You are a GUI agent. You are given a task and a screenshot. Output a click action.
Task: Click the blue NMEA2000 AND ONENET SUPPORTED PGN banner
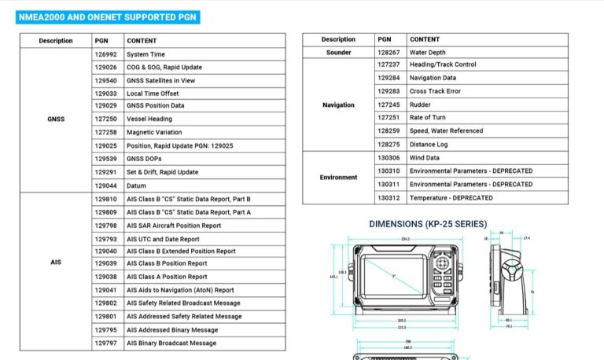coord(108,17)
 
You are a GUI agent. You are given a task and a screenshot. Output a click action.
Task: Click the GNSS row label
coord(55,119)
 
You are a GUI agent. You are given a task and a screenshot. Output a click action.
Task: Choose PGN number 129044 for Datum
coord(105,186)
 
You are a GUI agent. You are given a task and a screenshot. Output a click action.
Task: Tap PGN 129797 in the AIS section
coord(105,343)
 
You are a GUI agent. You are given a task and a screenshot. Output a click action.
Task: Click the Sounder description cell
coord(338,52)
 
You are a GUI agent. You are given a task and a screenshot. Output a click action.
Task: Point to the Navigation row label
coord(338,105)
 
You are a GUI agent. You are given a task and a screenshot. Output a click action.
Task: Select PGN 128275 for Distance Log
coord(389,145)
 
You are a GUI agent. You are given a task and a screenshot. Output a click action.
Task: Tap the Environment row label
coord(338,178)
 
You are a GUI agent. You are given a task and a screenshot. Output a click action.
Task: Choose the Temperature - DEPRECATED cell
coord(451,197)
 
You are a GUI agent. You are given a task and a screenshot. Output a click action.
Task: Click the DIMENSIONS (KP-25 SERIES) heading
coord(427,224)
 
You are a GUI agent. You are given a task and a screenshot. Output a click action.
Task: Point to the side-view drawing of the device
coord(507,279)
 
